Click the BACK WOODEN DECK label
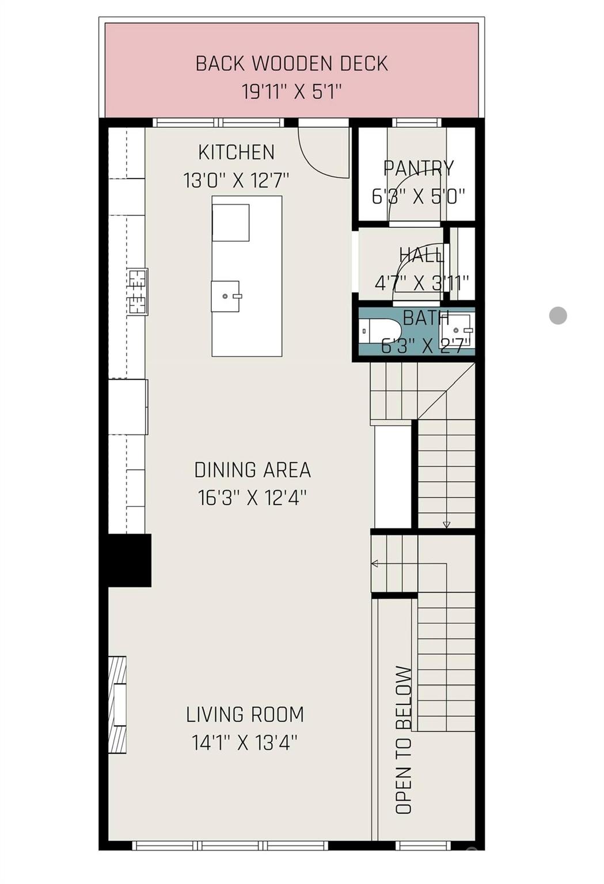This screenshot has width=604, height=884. [291, 63]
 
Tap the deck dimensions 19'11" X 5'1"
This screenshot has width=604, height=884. [291, 92]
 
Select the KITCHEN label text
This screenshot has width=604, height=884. [236, 153]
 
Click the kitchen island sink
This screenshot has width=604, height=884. [226, 296]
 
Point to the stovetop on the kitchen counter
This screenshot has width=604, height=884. [138, 292]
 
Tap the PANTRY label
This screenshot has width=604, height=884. [419, 168]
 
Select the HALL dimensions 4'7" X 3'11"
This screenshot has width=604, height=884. [421, 283]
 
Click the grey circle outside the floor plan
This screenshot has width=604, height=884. [558, 315]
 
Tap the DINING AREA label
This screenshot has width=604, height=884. [252, 470]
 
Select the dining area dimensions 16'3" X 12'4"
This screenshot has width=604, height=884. [252, 498]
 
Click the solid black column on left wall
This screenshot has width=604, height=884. [130, 560]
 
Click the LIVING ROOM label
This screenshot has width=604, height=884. [245, 715]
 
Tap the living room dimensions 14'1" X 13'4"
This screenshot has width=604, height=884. [245, 743]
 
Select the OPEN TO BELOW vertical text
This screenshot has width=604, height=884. [404, 740]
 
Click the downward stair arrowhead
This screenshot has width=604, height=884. [446, 524]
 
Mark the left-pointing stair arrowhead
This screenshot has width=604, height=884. [375, 563]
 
